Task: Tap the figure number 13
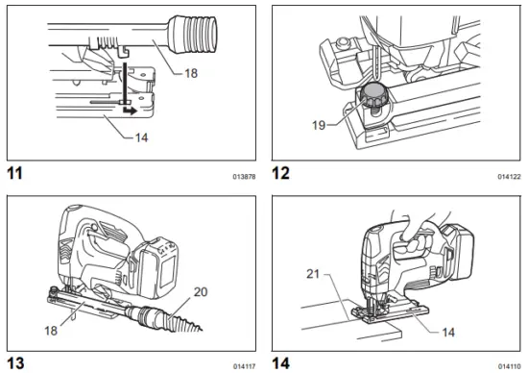pyautogui.click(x=14, y=362)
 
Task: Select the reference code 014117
pyautogui.click(x=244, y=365)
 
